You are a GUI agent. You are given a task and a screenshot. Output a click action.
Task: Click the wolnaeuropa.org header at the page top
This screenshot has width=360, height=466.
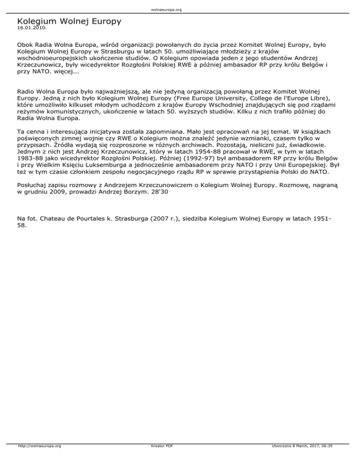180,9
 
